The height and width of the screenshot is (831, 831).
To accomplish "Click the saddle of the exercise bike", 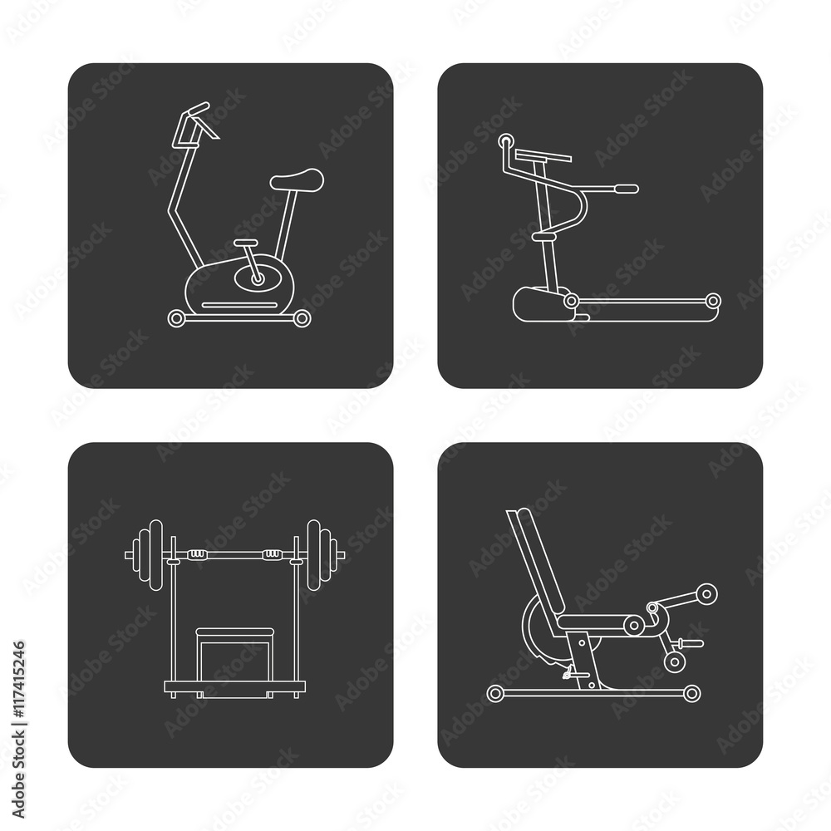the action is pyautogui.click(x=297, y=179).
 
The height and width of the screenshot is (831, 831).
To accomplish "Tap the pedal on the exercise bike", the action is pyautogui.click(x=246, y=242).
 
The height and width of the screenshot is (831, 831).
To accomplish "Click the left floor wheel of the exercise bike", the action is pyautogui.click(x=176, y=318).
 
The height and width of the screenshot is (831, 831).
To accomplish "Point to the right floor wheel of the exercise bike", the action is pyautogui.click(x=302, y=318).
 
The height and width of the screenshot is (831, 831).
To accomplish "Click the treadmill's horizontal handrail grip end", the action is pyautogui.click(x=626, y=188).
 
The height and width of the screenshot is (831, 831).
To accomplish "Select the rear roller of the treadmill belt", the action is pyautogui.click(x=713, y=301).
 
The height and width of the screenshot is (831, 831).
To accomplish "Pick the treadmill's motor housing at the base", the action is pyautogui.click(x=542, y=304).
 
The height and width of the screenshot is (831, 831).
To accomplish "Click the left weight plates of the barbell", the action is pyautogui.click(x=149, y=554).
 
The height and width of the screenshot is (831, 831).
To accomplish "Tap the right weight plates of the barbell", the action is pyautogui.click(x=321, y=554).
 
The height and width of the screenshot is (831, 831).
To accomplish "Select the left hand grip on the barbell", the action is pyautogui.click(x=197, y=554).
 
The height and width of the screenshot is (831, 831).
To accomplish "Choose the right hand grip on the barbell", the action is pyautogui.click(x=273, y=554).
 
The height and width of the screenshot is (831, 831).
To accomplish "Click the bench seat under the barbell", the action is pyautogui.click(x=235, y=632).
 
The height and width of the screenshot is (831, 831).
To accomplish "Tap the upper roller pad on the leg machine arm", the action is pyautogui.click(x=706, y=593).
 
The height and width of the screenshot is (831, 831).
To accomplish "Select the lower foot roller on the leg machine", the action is pyautogui.click(x=675, y=662).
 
